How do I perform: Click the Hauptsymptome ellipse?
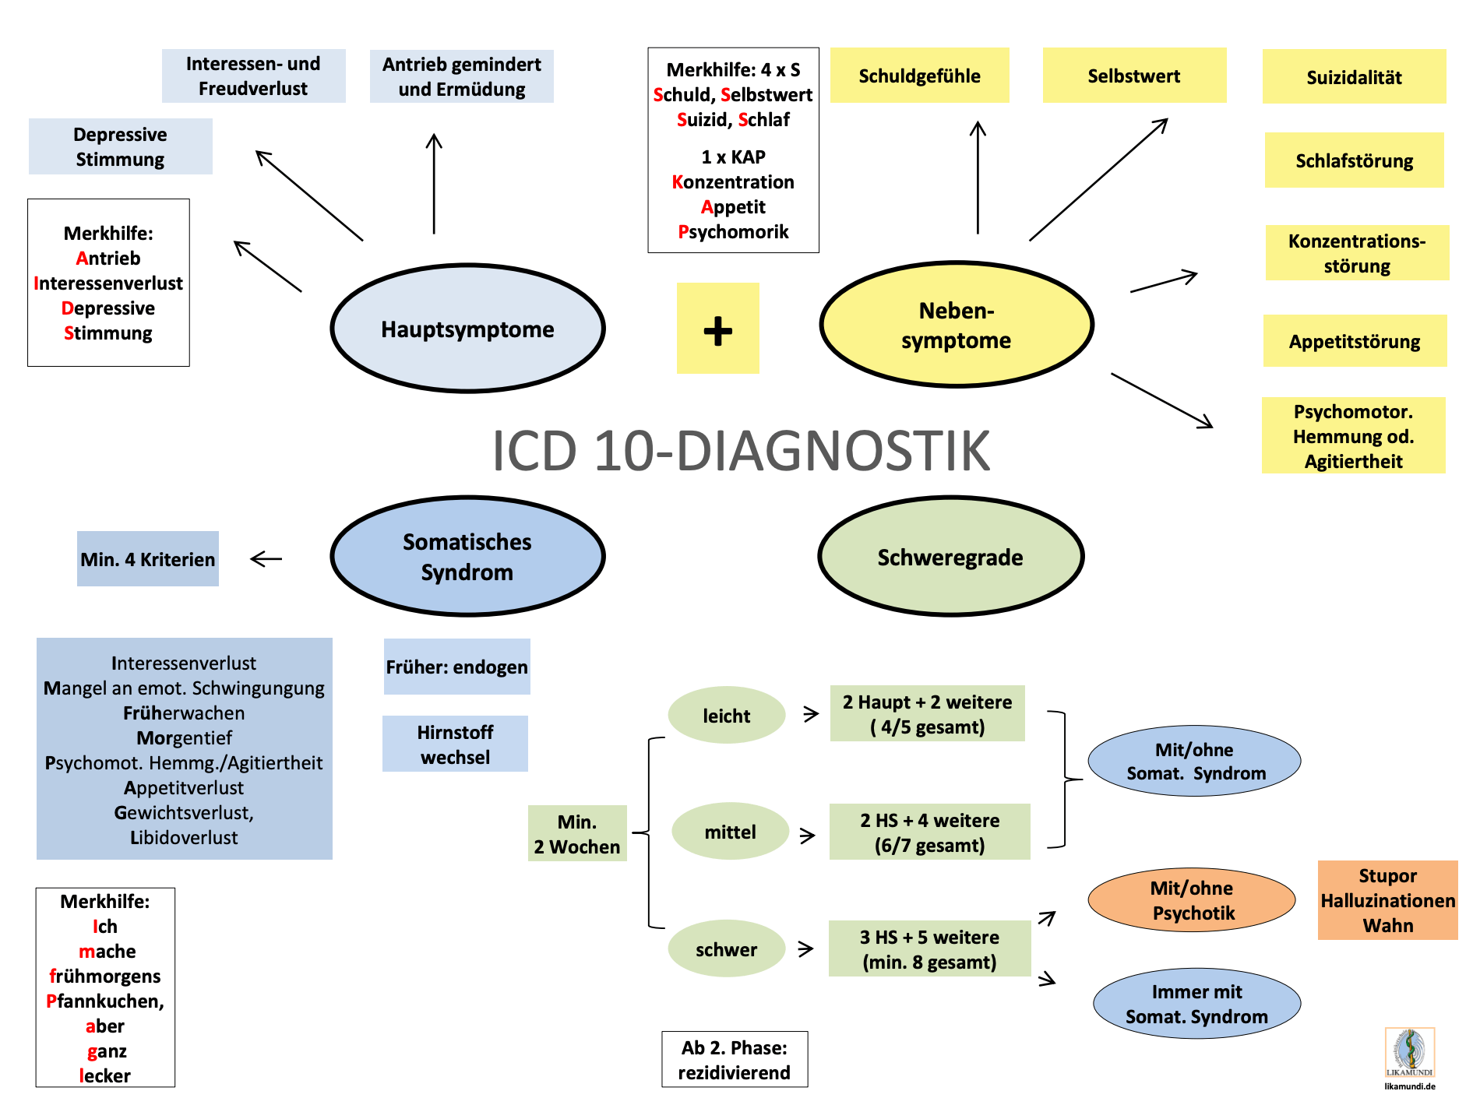pyautogui.click(x=467, y=329)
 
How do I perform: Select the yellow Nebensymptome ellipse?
pyautogui.click(x=957, y=325)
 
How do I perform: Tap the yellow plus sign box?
pyautogui.click(x=717, y=329)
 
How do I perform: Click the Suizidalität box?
pyautogui.click(x=1354, y=77)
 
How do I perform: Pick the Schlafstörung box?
pyautogui.click(x=1354, y=160)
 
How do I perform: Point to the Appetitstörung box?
pyautogui.click(x=1355, y=341)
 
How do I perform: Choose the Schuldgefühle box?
pyautogui.click(x=919, y=76)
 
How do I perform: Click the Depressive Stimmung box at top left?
pyautogui.click(x=120, y=146)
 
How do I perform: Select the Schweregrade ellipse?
pyautogui.click(x=950, y=557)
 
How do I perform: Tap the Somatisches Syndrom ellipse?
pyautogui.click(x=467, y=557)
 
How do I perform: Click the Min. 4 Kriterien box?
pyautogui.click(x=148, y=559)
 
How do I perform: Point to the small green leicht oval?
pyautogui.click(x=726, y=716)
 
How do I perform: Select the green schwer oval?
pyautogui.click(x=726, y=949)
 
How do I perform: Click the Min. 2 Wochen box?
pyautogui.click(x=577, y=834)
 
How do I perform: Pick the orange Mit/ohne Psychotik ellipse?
pyautogui.click(x=1193, y=900)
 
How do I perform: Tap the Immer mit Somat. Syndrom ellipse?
pyautogui.click(x=1196, y=1004)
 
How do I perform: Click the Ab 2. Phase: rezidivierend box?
pyautogui.click(x=735, y=1060)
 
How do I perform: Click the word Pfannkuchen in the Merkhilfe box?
pyautogui.click(x=105, y=1001)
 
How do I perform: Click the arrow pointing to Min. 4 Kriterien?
pyautogui.click(x=266, y=558)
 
